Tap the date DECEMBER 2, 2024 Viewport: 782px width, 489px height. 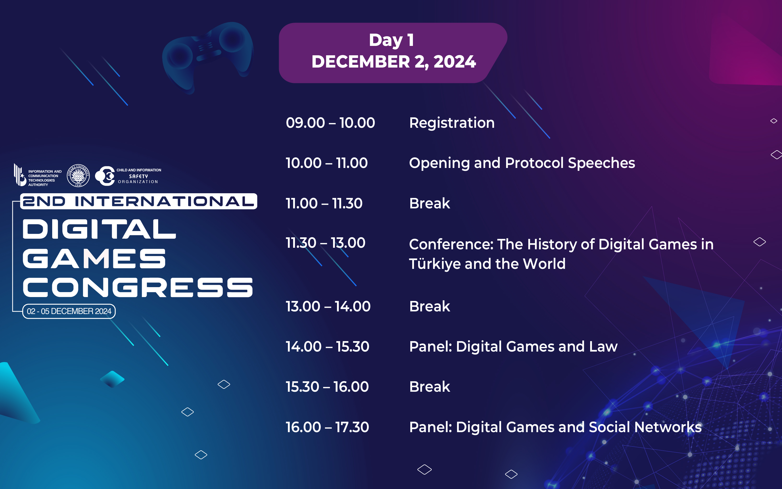point(394,62)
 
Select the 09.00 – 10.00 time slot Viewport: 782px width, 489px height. point(330,123)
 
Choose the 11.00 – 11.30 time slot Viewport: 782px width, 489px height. point(324,203)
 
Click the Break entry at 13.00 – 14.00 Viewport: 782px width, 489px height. point(430,306)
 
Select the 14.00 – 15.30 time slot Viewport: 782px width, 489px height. point(327,347)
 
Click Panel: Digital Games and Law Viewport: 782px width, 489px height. point(513,347)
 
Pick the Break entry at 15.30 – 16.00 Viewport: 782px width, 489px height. point(430,387)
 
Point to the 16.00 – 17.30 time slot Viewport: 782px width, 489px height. point(327,427)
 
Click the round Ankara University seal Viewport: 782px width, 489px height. point(78,176)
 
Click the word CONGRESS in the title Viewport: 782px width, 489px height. point(138,287)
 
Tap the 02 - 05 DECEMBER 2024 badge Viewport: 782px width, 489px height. point(69,311)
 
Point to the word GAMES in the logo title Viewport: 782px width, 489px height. point(94,258)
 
